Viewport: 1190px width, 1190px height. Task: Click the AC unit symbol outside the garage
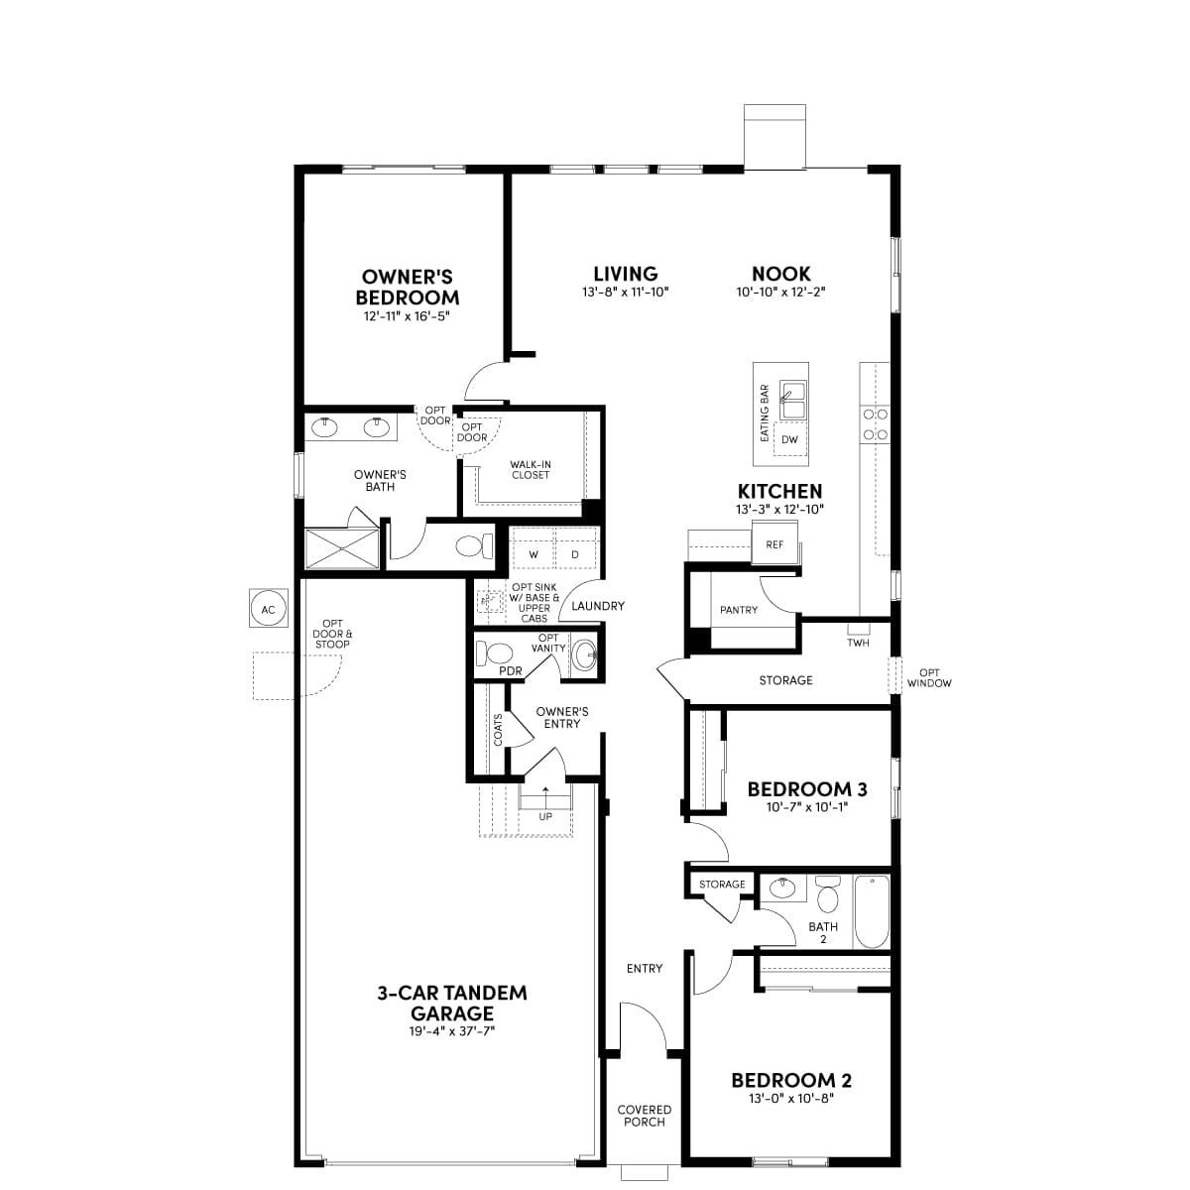point(268,609)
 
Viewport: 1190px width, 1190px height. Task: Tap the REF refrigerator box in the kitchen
point(774,544)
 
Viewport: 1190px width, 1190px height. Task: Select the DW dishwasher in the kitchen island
point(789,439)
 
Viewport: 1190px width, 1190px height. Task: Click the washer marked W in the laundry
point(533,554)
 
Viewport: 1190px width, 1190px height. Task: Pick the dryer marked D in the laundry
point(574,554)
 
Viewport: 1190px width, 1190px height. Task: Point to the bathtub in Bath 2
point(872,911)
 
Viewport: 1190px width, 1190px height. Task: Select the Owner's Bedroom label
point(407,288)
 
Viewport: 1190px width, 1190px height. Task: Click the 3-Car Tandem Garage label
point(451,1003)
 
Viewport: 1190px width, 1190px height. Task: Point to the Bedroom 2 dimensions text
point(790,1099)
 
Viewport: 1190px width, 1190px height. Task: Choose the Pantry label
point(738,610)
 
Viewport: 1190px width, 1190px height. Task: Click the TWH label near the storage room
point(858,643)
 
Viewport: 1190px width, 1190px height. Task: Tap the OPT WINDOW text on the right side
point(928,677)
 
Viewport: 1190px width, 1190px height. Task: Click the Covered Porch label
point(644,1116)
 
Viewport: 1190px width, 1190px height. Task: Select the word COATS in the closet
point(498,729)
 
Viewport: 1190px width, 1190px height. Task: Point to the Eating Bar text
point(765,413)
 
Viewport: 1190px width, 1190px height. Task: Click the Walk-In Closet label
point(531,469)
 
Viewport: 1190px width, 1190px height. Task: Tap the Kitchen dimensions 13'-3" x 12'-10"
point(779,510)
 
